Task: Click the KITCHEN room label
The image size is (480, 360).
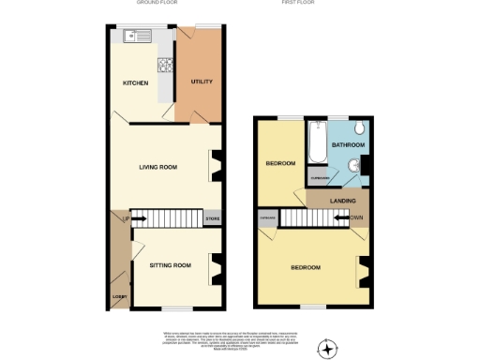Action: click(137, 83)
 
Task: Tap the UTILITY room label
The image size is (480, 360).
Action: click(202, 82)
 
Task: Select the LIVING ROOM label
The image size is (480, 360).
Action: click(158, 168)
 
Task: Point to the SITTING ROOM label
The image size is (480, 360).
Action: click(170, 265)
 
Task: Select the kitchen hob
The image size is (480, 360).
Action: click(166, 66)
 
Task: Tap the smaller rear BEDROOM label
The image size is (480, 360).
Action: click(279, 163)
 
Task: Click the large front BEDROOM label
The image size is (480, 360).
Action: click(305, 268)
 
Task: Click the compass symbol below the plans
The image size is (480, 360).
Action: click(327, 349)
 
